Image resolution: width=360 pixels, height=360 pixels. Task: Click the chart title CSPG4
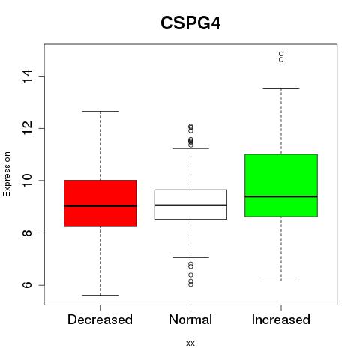click(190, 23)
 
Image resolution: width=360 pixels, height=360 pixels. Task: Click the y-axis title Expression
click(7, 174)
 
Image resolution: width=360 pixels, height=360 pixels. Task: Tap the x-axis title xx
click(190, 343)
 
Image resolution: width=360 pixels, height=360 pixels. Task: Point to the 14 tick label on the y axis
click(27, 76)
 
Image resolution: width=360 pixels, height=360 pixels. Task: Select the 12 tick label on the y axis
click(27, 128)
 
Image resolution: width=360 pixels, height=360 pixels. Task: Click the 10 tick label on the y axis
click(27, 181)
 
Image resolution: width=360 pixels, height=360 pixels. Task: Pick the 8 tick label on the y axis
click(27, 232)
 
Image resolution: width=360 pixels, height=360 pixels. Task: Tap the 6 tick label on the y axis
click(27, 285)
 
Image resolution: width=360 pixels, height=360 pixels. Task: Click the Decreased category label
click(100, 319)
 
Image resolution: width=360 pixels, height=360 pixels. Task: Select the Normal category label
click(190, 319)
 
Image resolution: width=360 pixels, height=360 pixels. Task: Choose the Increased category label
click(281, 319)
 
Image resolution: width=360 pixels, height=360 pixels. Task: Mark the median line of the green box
click(281, 196)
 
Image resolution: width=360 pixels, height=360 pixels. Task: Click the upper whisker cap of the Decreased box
click(100, 111)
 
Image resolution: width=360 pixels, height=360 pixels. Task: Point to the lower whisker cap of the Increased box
click(281, 280)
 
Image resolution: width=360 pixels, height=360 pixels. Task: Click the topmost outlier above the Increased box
click(281, 54)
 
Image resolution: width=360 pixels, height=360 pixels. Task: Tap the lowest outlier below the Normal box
click(190, 284)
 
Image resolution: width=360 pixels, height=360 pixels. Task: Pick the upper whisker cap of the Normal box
click(190, 148)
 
